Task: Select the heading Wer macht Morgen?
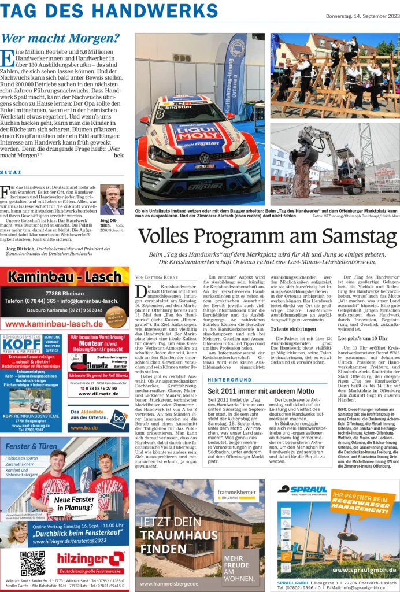(x=61, y=39)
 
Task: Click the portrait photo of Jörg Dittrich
(x=112, y=199)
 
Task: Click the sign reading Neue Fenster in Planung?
(x=71, y=503)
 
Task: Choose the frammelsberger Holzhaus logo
(x=237, y=493)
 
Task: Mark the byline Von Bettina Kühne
(x=155, y=277)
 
